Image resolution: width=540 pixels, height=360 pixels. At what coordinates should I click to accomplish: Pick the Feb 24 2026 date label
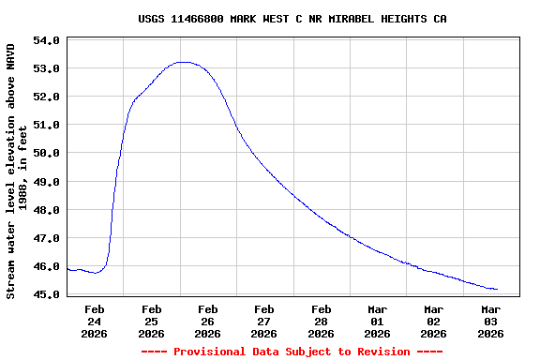[95, 321]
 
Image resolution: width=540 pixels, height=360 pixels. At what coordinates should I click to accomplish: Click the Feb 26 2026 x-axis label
[208, 321]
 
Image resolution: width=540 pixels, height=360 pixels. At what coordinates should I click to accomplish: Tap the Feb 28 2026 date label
[321, 321]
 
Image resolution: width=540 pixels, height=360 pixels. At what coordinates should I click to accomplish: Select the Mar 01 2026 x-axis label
[377, 321]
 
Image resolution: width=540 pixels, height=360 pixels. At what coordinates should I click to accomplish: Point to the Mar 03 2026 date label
[490, 321]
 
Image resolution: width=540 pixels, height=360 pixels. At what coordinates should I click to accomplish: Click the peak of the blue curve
[184, 62]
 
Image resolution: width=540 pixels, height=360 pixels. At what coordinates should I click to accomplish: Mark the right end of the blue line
[497, 290]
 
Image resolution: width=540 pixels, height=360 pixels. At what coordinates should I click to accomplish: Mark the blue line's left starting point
[67, 269]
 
